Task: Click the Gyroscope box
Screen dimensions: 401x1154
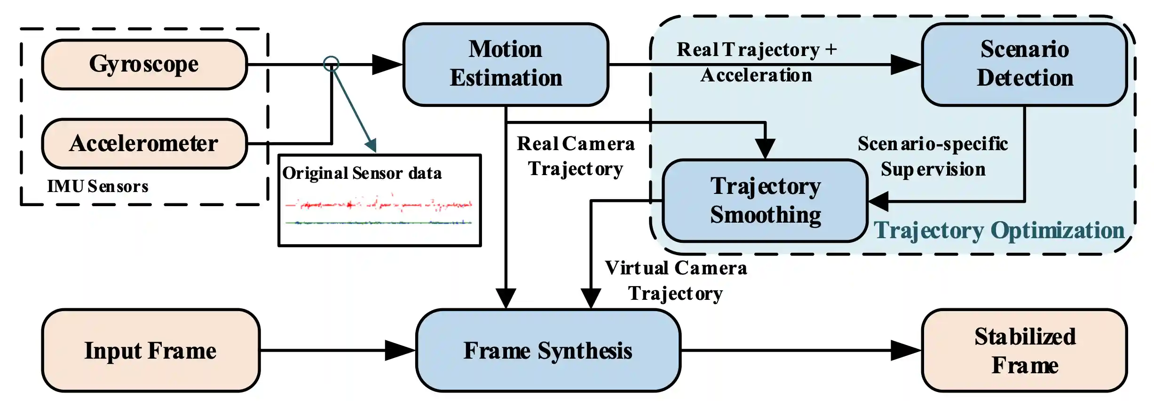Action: coord(144,64)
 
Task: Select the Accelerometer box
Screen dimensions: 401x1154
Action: coord(144,144)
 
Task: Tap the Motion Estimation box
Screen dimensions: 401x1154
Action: coord(506,64)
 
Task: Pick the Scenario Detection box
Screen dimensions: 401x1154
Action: coord(1024,64)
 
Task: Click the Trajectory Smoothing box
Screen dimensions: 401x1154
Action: coord(765,200)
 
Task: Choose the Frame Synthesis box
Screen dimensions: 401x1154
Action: coord(548,351)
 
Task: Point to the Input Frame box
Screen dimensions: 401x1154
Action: coord(150,351)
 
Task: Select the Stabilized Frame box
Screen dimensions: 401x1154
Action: coord(1024,351)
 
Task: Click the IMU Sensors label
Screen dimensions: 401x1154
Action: coord(98,186)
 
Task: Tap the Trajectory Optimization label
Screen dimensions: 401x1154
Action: coord(999,231)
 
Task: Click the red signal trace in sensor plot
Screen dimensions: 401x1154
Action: coord(379,205)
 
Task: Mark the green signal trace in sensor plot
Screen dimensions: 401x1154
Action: coord(379,223)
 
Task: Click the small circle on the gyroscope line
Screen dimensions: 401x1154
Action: coord(331,64)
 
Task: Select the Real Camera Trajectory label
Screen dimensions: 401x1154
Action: coord(576,156)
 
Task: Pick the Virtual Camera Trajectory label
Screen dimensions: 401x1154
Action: coord(676,281)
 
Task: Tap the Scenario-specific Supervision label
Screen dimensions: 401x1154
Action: coord(933,156)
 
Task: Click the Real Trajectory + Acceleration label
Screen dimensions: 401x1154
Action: coord(757,62)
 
